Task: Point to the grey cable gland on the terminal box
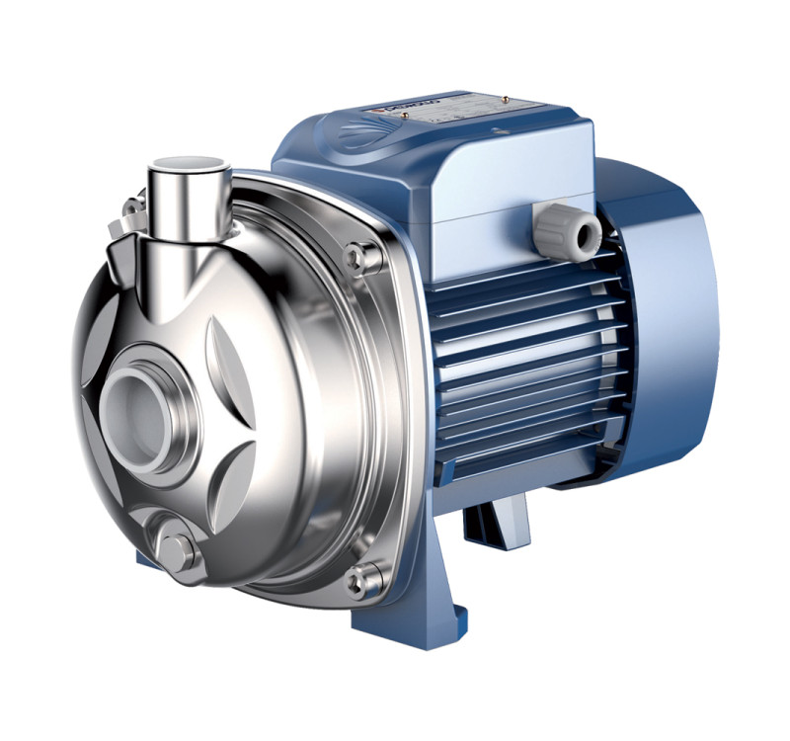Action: (572, 230)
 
